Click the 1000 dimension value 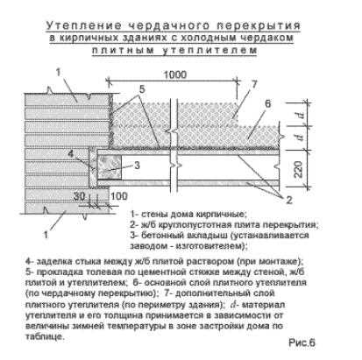(174, 74)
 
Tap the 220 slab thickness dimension (298, 169)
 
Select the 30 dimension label (79, 196)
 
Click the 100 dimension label (119, 196)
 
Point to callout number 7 (254, 84)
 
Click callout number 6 (268, 103)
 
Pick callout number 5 (142, 88)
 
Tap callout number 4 (71, 153)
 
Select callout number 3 (137, 166)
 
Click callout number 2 (289, 200)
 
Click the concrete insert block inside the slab (109, 167)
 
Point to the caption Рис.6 (302, 342)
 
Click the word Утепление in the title (84, 25)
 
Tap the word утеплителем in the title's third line (209, 50)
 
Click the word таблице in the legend (44, 336)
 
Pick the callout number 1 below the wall (46, 235)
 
